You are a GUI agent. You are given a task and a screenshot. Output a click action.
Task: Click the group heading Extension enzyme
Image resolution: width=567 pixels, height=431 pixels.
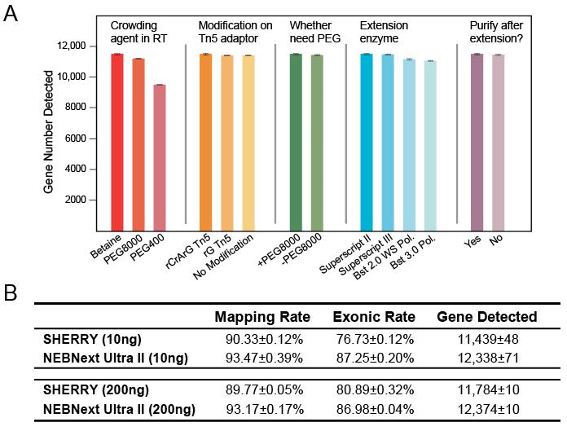click(385, 31)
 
